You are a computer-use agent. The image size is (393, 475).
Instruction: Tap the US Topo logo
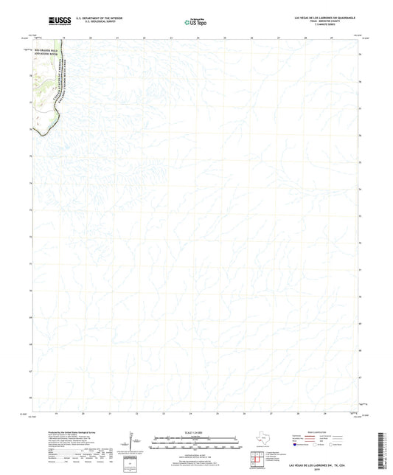click(x=193, y=22)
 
